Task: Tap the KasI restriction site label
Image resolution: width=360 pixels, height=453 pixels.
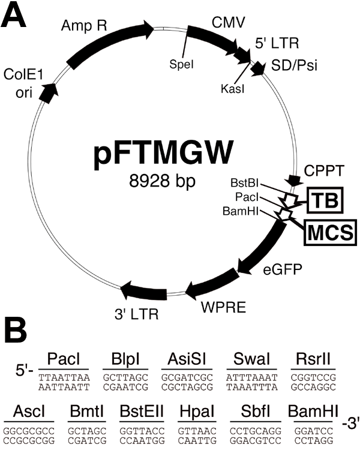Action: click(x=230, y=88)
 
